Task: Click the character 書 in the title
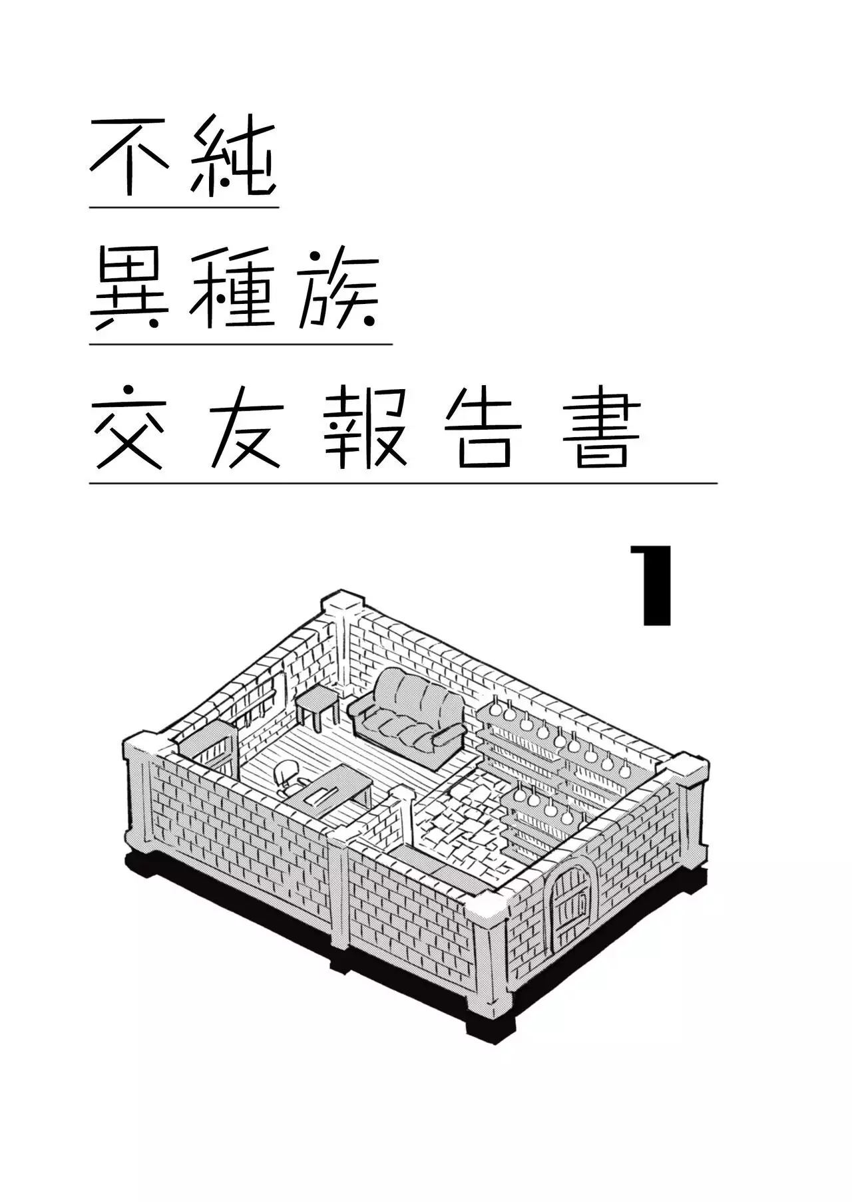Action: (x=602, y=430)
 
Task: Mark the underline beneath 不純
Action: (x=184, y=208)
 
